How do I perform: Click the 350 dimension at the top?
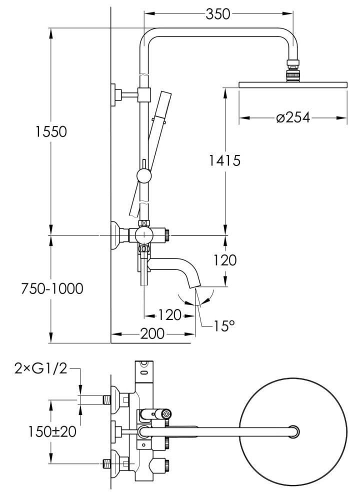(218, 14)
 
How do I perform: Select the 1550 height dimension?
(51, 132)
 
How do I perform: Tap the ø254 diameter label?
(293, 118)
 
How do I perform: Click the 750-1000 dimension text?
(51, 289)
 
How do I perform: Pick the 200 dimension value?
(152, 333)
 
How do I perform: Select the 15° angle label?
(224, 326)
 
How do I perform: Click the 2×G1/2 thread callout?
(40, 368)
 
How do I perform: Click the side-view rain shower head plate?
(293, 85)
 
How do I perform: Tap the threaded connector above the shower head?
(292, 70)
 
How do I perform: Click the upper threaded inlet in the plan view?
(106, 399)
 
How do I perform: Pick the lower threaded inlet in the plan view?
(106, 463)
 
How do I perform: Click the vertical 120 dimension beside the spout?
(225, 260)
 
